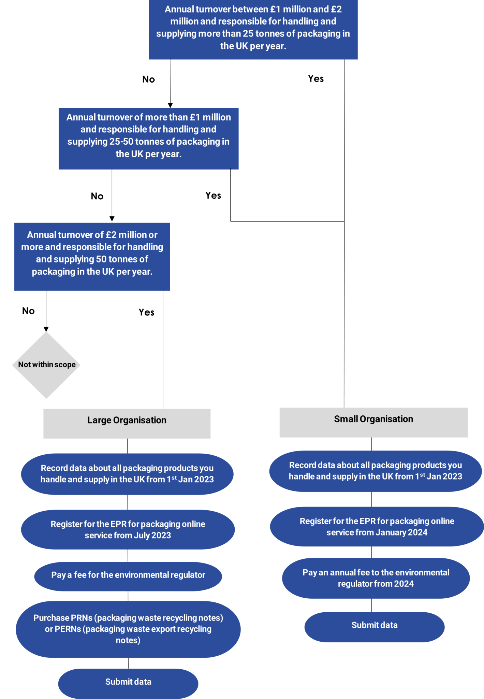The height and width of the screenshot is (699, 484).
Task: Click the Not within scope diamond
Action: click(46, 365)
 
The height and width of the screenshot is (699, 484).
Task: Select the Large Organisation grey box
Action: click(127, 423)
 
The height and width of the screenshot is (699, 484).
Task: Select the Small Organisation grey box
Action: click(373, 422)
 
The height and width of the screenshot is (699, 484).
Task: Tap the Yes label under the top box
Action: click(316, 79)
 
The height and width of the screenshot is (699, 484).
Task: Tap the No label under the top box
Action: click(148, 80)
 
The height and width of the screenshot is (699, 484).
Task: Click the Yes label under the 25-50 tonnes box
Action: click(213, 195)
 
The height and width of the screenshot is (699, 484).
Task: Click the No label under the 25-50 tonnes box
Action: click(97, 196)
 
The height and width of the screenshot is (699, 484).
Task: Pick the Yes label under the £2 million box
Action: click(146, 313)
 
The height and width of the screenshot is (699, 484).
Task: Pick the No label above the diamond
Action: click(28, 311)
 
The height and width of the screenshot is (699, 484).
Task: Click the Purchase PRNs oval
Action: click(128, 629)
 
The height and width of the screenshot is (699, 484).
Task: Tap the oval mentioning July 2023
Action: click(128, 529)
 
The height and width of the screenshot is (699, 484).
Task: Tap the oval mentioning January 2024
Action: click(377, 527)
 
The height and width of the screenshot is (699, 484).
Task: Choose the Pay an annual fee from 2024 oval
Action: click(376, 578)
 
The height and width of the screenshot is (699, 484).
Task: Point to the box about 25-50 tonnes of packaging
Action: click(148, 139)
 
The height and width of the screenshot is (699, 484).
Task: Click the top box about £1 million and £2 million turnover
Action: click(253, 29)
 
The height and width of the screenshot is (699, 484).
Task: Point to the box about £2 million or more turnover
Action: click(92, 256)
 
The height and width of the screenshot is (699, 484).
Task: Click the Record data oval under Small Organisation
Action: click(375, 471)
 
